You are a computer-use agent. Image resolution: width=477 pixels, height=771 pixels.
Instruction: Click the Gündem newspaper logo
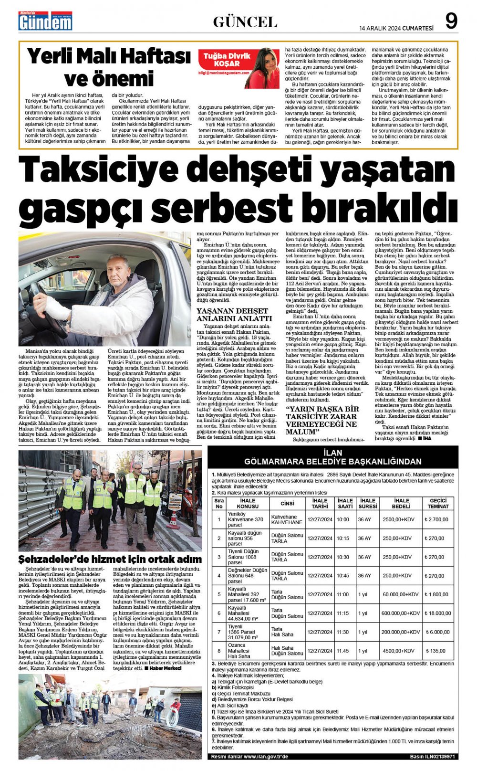[45, 21]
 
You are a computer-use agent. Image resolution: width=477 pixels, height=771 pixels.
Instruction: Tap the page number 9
[451, 21]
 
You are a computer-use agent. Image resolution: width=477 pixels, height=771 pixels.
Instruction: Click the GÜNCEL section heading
[245, 22]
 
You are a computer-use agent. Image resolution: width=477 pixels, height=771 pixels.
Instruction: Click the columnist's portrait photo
[262, 67]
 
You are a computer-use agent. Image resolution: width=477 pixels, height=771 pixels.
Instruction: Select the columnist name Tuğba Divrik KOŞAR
[227, 60]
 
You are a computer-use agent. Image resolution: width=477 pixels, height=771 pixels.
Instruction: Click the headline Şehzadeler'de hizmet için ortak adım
[110, 559]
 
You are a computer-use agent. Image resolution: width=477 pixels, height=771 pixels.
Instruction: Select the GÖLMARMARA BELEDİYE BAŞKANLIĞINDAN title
[332, 462]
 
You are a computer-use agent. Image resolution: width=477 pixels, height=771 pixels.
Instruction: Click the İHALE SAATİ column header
[345, 503]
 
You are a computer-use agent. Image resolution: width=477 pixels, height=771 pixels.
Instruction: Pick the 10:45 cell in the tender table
[342, 576]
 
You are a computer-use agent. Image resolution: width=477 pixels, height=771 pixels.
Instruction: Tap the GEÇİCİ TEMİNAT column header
[438, 503]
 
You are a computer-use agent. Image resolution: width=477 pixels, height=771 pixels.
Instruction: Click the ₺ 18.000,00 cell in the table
[438, 613]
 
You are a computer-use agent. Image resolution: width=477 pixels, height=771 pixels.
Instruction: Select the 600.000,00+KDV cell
[400, 613]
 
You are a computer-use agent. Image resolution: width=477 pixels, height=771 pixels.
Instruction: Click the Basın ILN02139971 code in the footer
[432, 756]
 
